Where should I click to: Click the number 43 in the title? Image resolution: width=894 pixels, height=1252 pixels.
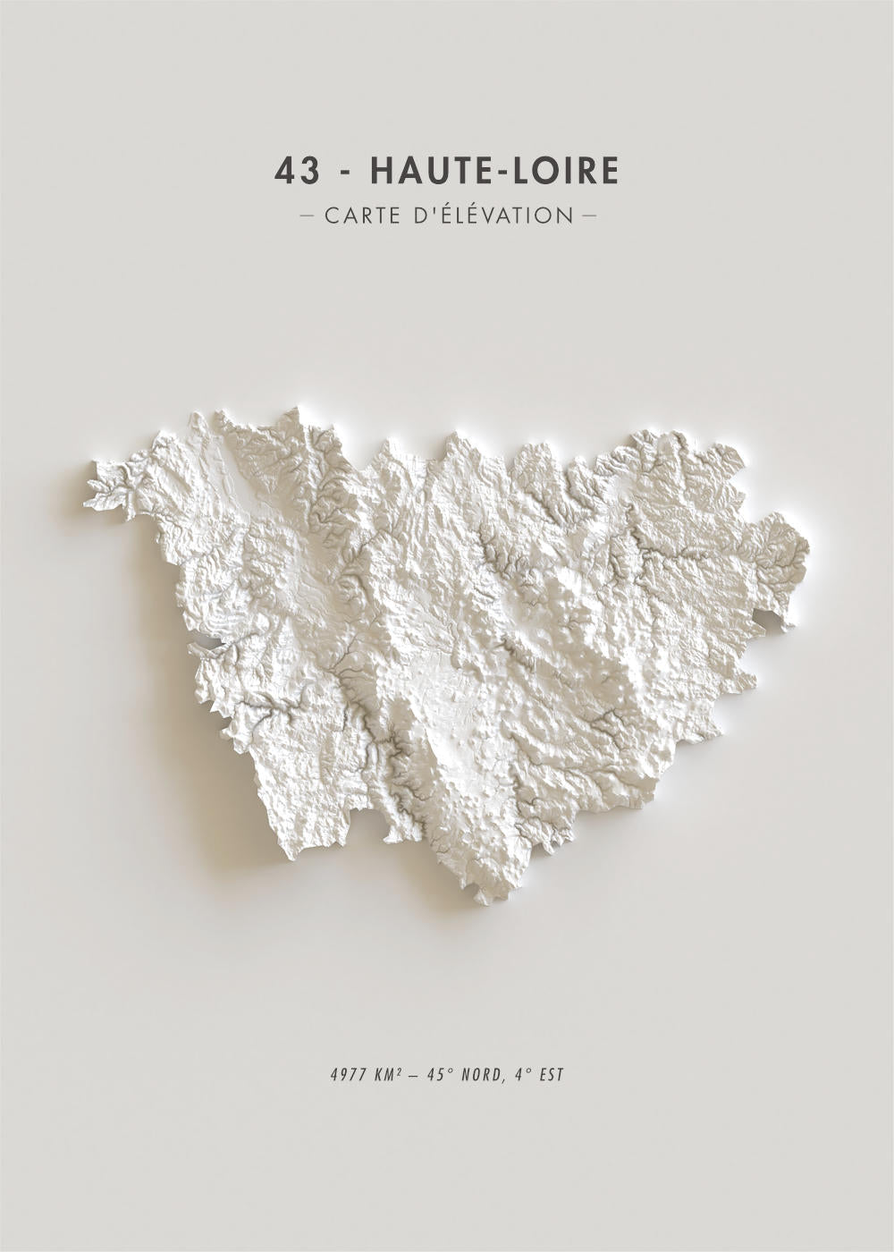pos(297,171)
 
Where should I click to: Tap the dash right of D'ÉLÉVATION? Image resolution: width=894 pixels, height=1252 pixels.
pos(588,216)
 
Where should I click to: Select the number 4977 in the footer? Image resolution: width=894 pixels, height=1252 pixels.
pos(345,1074)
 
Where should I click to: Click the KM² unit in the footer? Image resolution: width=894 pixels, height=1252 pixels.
pos(387,1074)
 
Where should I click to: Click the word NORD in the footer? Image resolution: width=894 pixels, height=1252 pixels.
pos(479,1074)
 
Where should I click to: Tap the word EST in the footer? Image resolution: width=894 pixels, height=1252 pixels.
pos(552,1074)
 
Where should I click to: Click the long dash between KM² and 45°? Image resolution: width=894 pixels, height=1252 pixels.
pos(413,1074)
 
